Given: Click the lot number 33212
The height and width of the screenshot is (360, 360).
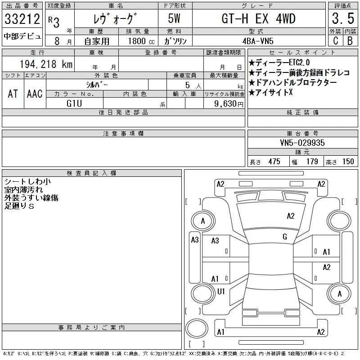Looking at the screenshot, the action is pyautogui.click(x=22, y=19).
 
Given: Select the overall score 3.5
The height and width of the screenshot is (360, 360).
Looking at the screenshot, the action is pyautogui.click(x=343, y=18).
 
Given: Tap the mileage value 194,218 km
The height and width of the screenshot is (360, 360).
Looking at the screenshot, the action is pyautogui.click(x=46, y=64).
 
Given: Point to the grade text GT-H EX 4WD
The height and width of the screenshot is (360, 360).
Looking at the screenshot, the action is pyautogui.click(x=258, y=18).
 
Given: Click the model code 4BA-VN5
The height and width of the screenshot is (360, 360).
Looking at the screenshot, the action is pyautogui.click(x=258, y=41).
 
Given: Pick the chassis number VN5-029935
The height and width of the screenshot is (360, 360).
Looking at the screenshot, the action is pyautogui.click(x=302, y=143).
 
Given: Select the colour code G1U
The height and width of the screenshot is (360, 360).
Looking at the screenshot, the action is pyautogui.click(x=74, y=103).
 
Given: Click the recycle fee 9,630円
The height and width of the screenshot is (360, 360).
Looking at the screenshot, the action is pyautogui.click(x=229, y=104).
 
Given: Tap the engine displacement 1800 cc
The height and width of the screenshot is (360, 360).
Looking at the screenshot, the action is pyautogui.click(x=141, y=41).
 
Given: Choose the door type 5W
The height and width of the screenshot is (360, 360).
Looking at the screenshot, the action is pyautogui.click(x=174, y=18).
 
